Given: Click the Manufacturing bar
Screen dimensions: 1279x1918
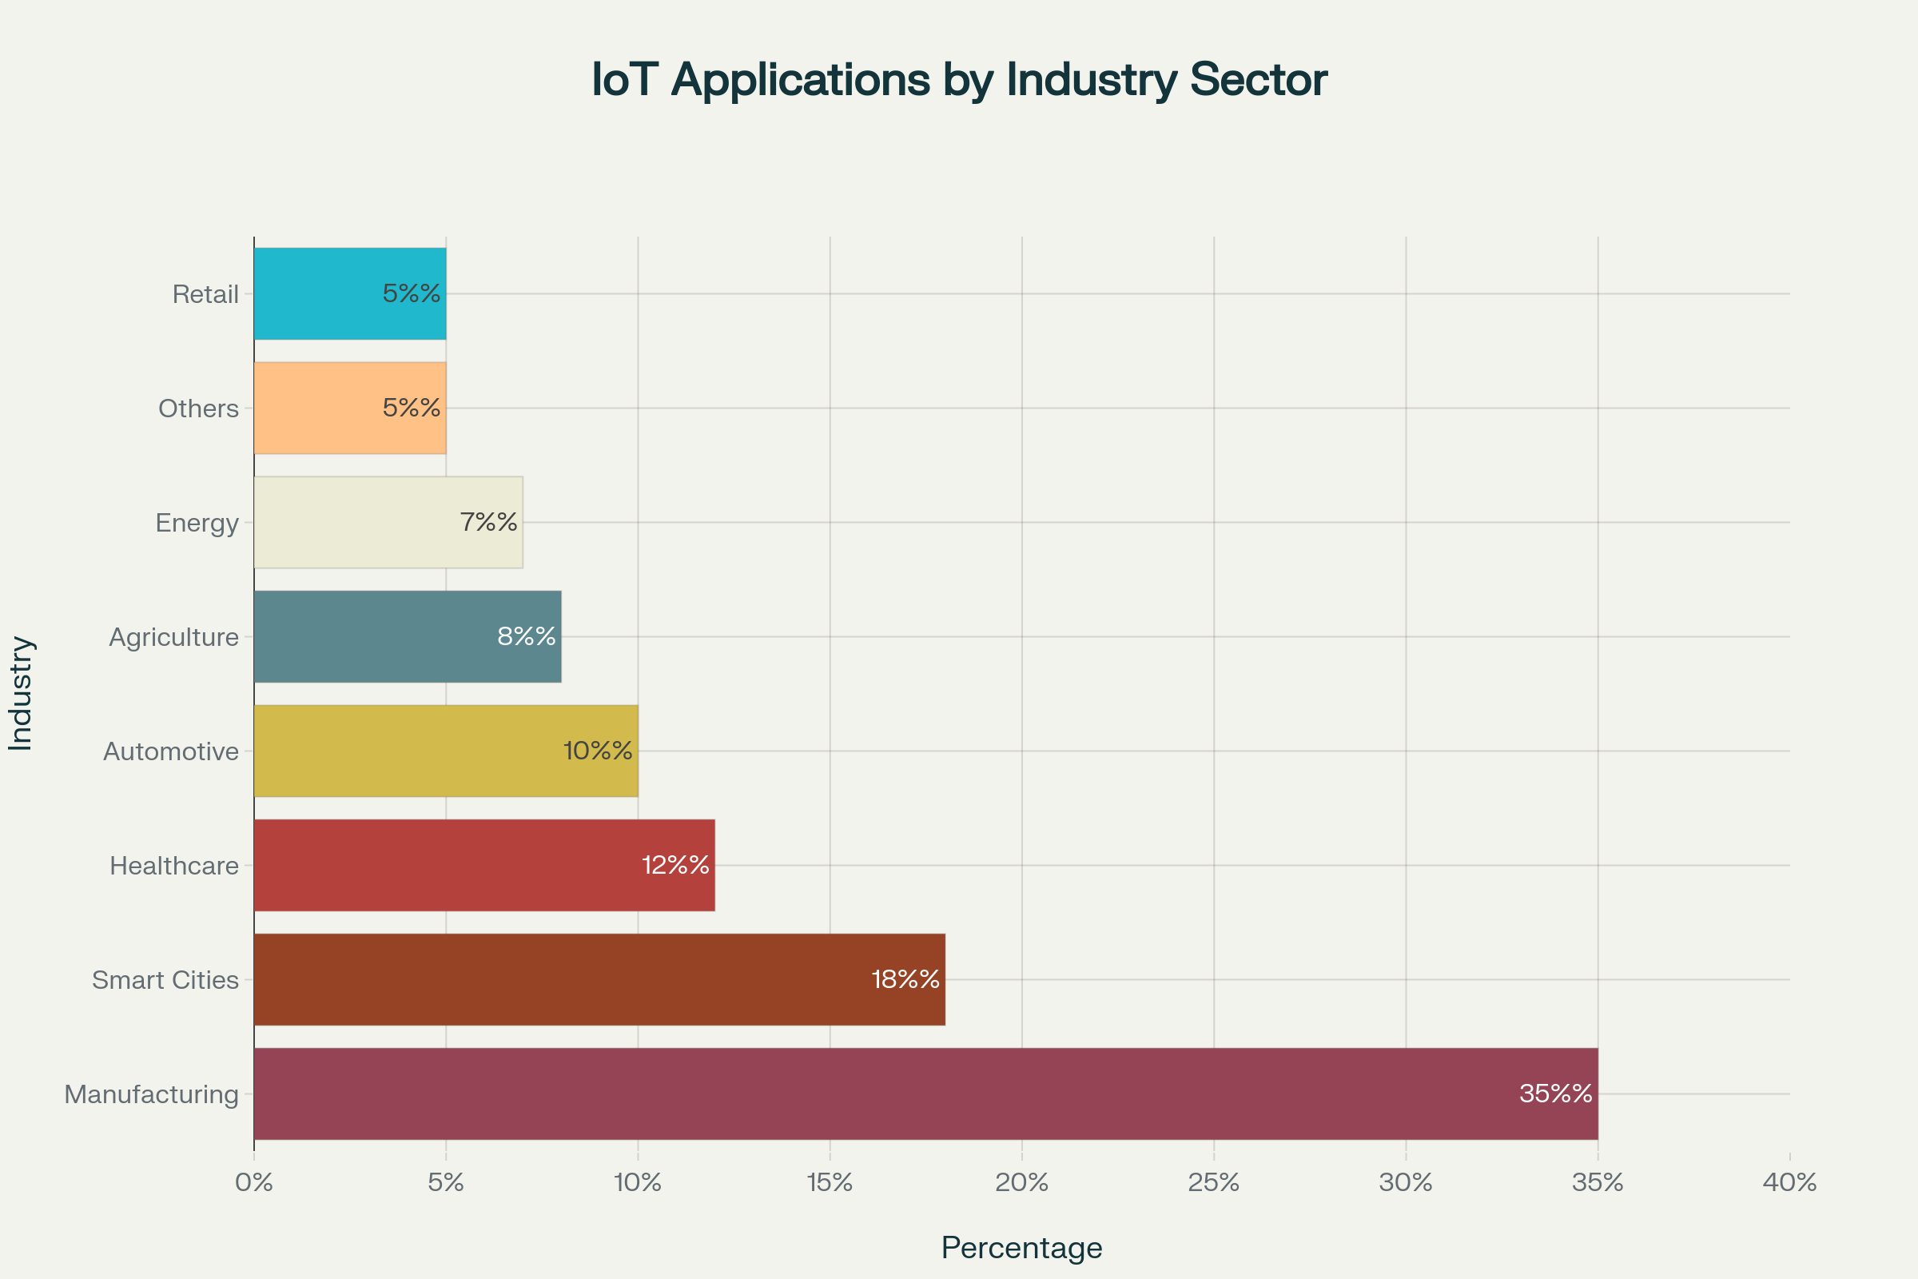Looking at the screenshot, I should pos(925,1094).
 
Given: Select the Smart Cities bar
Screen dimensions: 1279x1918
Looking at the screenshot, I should pos(599,980).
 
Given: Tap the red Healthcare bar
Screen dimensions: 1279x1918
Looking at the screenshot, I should pos(484,866).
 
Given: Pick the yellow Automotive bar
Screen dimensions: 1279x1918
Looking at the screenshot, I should pos(446,751).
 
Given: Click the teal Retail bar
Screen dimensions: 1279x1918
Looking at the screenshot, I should pos(350,293).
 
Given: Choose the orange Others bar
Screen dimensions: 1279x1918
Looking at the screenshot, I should pos(350,408).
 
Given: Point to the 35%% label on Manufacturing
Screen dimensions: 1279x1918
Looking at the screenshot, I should pos(1555,1094).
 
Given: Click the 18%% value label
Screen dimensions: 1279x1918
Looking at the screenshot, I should pos(905,980).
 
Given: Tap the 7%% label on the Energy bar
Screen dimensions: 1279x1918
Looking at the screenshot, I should pos(488,522).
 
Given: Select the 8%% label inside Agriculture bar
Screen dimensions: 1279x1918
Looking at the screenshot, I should pos(527,636).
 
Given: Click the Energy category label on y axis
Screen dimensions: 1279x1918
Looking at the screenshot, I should pos(197,523).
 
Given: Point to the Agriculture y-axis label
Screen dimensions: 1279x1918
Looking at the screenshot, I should pos(173,637).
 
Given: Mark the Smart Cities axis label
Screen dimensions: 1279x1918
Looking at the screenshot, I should pos(165,980).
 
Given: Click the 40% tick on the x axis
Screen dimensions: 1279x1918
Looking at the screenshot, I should pos(1789,1183).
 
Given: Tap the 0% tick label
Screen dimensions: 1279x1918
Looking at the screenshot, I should pos(253,1183).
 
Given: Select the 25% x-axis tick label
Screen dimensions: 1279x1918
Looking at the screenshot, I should pos(1213,1183).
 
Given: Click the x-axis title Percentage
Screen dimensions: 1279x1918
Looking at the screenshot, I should pos(1021,1248).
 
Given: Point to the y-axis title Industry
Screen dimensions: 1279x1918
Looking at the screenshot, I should pos(21,693).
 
